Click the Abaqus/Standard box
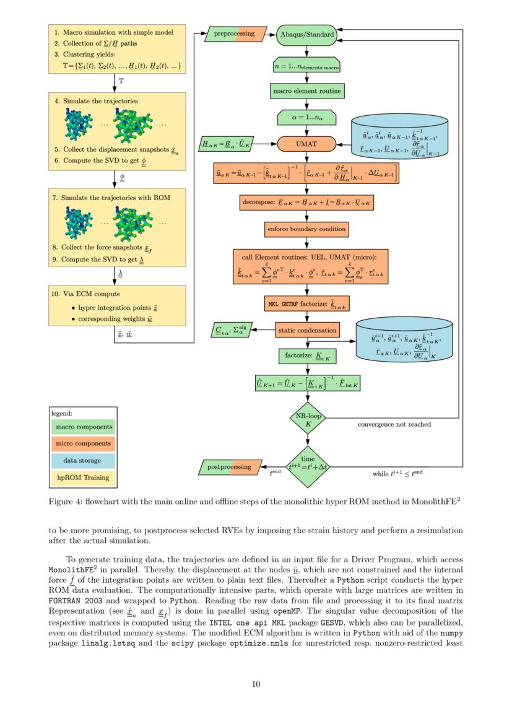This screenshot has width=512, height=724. (307, 35)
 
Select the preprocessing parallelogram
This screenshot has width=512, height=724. (235, 34)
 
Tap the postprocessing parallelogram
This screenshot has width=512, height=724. (229, 466)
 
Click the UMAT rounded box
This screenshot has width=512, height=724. (306, 144)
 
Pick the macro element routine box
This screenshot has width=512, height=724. (307, 91)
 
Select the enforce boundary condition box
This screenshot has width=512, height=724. (306, 229)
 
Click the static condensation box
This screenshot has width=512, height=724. (307, 329)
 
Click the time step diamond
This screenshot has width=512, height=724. (308, 466)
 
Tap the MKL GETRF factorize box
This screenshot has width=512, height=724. (306, 303)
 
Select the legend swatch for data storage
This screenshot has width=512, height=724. (82, 461)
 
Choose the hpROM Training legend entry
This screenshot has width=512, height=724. (82, 478)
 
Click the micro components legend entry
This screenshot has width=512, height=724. (82, 443)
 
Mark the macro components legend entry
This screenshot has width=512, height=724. (82, 427)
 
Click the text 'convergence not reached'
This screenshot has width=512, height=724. (394, 424)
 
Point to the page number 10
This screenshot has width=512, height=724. (256, 684)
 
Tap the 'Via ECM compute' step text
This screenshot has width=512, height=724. (90, 294)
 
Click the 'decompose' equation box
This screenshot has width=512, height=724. (307, 203)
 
